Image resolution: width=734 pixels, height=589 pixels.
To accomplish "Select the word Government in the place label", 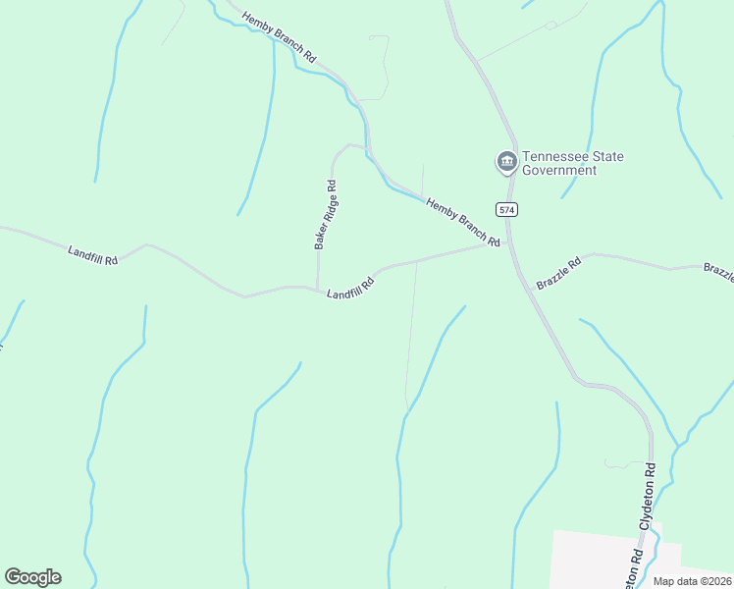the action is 559,170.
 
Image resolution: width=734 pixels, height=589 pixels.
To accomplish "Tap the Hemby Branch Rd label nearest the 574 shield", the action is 462,222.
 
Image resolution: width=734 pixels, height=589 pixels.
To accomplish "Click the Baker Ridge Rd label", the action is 326,214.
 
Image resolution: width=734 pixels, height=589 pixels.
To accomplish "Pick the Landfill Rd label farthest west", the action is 93,254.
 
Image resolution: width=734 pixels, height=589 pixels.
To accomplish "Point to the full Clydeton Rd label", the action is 648,499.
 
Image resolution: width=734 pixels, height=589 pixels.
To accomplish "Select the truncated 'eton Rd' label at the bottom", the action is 636,569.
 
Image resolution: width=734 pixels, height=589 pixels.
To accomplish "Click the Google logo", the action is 32,577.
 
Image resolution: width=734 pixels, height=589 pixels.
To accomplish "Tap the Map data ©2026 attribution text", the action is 692,581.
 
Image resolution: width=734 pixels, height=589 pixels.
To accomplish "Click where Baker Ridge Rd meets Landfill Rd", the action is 318,289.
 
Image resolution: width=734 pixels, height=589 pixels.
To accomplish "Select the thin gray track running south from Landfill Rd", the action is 410,344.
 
